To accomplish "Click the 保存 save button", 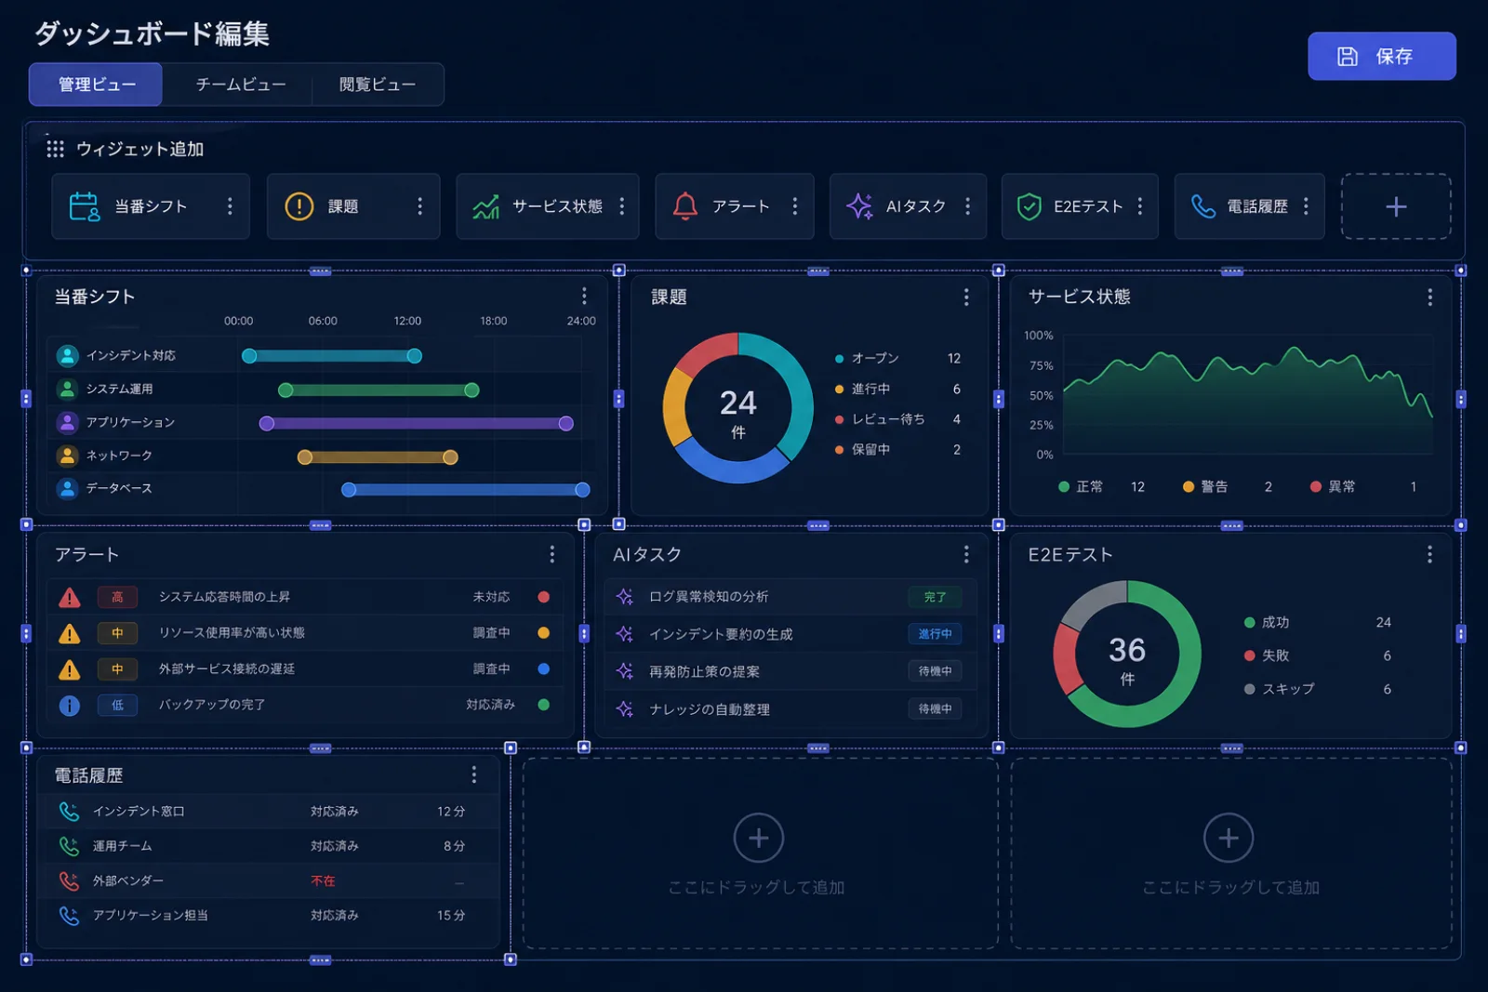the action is tap(1381, 57).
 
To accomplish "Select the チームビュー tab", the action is tap(241, 85).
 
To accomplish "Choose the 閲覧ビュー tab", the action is tap(378, 85).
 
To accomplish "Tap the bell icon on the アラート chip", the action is tap(684, 205).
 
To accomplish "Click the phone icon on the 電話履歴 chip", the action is tap(1203, 206).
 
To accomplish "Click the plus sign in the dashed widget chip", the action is tap(1396, 207).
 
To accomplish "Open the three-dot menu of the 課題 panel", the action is tap(966, 297).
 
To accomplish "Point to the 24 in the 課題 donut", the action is tap(738, 403).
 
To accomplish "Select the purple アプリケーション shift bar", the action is tap(416, 423).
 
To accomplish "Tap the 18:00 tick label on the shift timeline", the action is tap(494, 321).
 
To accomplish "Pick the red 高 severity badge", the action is tap(117, 597).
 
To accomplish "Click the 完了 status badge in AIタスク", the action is tap(935, 597).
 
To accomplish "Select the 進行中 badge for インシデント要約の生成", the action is tap(935, 634).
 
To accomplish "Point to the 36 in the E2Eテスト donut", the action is tap(1126, 650).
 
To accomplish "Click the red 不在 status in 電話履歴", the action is tap(323, 880).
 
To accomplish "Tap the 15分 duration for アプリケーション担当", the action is tap(450, 915).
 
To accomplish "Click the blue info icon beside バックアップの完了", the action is tap(69, 705).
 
